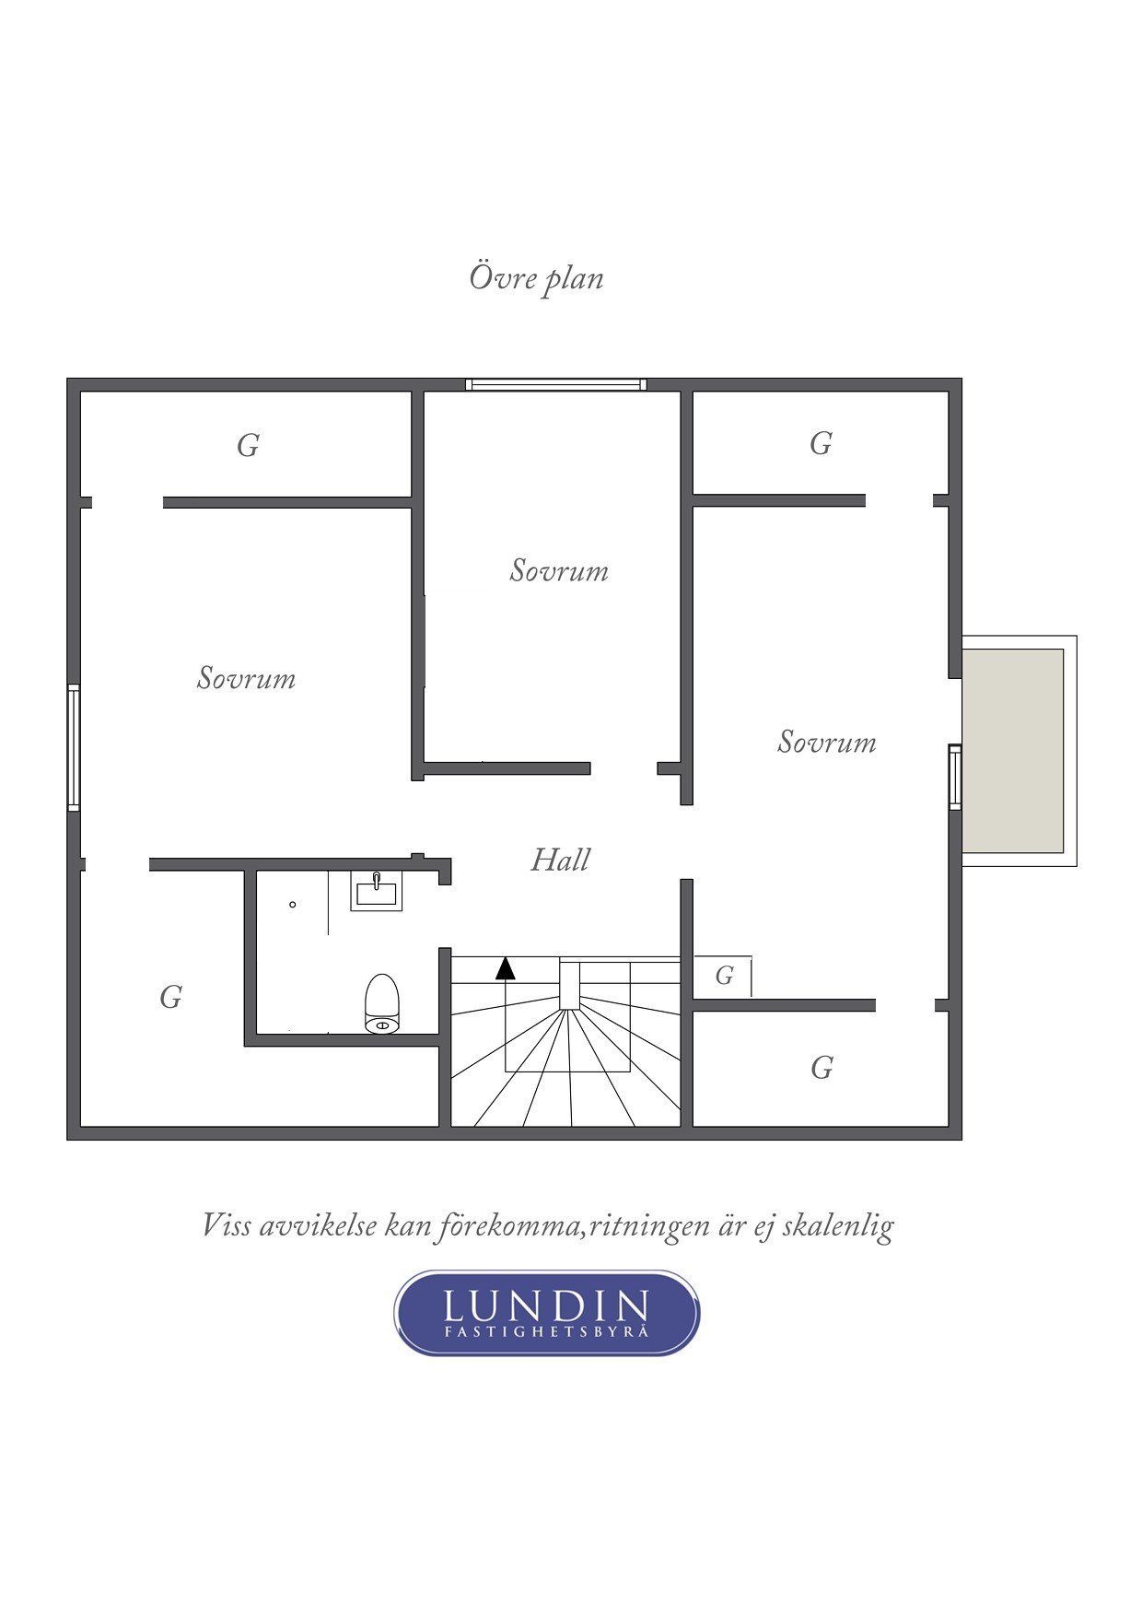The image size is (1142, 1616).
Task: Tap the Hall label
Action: coord(560,860)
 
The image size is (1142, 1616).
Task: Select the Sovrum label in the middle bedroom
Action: coord(559,570)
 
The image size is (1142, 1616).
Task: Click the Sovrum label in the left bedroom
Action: coord(246,678)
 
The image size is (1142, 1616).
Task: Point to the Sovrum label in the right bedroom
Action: coord(826,742)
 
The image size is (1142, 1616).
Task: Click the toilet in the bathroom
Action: coord(382,1003)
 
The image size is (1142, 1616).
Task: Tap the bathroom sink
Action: coord(376,891)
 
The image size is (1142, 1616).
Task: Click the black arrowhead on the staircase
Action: coord(506,967)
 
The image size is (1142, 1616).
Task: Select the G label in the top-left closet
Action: coord(248,445)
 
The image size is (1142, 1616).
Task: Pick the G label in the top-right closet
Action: coord(821,443)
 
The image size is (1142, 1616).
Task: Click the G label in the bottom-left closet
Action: coord(170,996)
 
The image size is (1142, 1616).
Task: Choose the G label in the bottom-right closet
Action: coord(822,1067)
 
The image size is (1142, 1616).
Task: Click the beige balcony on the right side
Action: coord(1013,751)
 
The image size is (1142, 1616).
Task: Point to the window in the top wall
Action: coord(555,384)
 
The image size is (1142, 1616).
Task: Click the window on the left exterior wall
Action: coord(74,747)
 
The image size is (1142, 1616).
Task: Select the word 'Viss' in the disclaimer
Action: coord(226,1225)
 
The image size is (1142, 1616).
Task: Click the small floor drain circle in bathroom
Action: coord(293,905)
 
